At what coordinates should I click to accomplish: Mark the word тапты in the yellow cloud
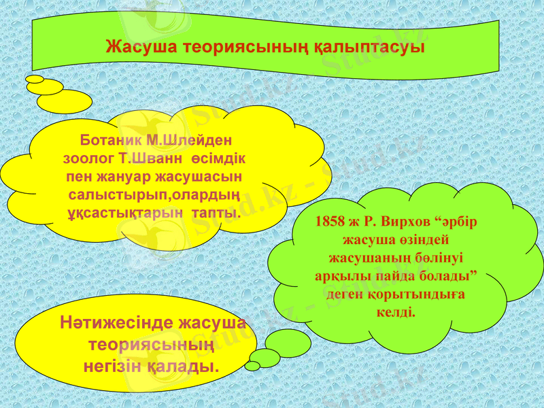(x=215, y=213)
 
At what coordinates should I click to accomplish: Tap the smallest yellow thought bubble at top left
(x=34, y=79)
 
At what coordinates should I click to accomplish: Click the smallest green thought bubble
(x=252, y=366)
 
